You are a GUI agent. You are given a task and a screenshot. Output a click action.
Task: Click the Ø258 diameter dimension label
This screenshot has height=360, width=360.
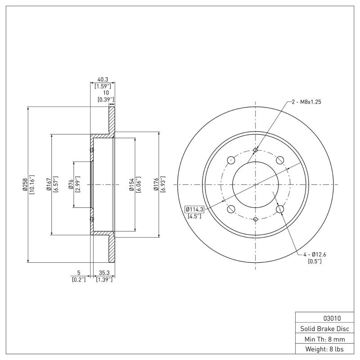coord(25,184)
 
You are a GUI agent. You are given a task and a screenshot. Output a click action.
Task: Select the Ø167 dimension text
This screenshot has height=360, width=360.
coord(48,184)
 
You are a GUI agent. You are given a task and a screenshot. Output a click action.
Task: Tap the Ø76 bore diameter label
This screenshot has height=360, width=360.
coord(71,184)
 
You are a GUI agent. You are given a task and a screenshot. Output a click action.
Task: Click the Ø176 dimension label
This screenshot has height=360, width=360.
coord(156,184)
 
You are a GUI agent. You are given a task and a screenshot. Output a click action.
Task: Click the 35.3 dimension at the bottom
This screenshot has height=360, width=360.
coord(104,273)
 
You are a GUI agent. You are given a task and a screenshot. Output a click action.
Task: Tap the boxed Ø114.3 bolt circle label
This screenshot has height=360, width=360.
coord(195,209)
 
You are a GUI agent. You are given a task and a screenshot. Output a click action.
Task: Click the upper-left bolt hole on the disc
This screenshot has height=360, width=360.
coord(231,160)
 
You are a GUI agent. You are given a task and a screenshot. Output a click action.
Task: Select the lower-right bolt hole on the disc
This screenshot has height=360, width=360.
coord(280,209)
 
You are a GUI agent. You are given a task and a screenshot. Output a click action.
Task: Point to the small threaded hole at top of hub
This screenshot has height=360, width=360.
coord(256,150)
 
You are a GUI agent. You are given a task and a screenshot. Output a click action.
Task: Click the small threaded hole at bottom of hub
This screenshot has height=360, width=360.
coord(256,219)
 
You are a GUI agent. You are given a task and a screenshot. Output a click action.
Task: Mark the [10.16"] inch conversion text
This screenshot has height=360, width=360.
coord(31,184)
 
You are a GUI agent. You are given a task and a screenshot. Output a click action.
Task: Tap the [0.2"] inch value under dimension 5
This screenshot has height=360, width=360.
coord(78,279)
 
